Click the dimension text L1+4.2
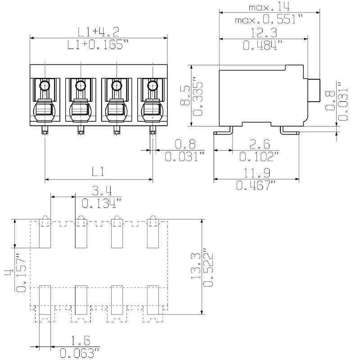[98, 31]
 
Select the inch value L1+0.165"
[98, 45]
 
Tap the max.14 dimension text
[269, 7]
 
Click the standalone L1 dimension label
[99, 172]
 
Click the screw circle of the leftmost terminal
[45, 86]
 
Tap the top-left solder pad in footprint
[45, 234]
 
